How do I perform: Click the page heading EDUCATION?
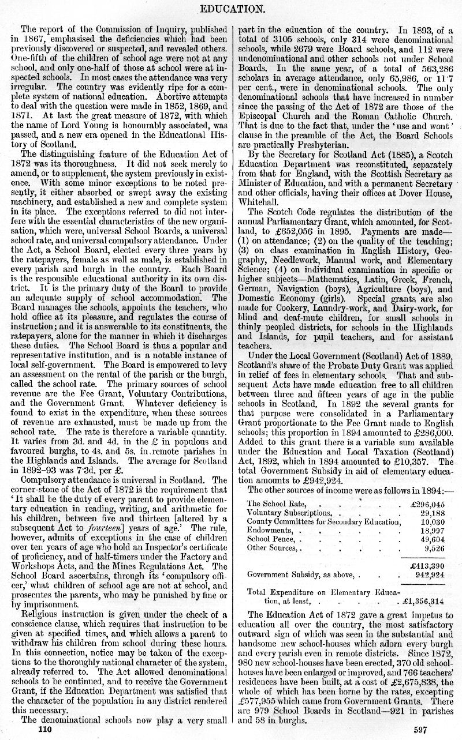point(231,9)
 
